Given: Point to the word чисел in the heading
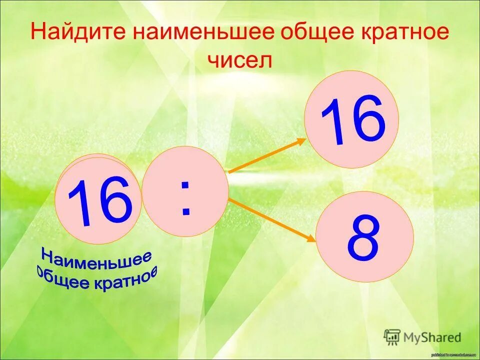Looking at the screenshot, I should pyautogui.click(x=240, y=60).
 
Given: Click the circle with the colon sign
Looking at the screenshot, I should pyautogui.click(x=185, y=190).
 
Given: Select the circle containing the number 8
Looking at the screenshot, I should pyautogui.click(x=364, y=236).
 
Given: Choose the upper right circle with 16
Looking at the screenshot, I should pyautogui.click(x=351, y=119).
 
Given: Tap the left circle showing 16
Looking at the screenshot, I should pyautogui.click(x=97, y=200).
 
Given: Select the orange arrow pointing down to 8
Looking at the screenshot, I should pyautogui.click(x=272, y=219).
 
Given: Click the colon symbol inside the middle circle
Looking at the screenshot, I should pyautogui.click(x=185, y=198).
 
